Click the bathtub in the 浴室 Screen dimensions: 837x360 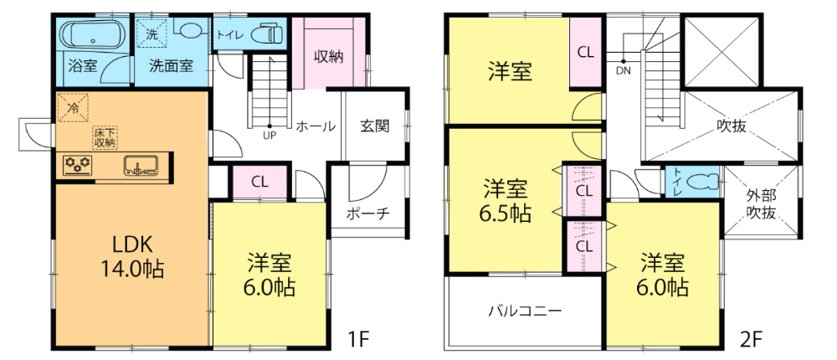pyautogui.click(x=94, y=34)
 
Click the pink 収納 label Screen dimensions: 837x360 pyautogui.click(x=328, y=56)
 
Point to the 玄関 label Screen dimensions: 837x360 pyautogui.click(x=374, y=126)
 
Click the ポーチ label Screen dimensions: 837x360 pyautogui.click(x=367, y=213)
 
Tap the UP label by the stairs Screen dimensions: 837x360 pyautogui.click(x=269, y=136)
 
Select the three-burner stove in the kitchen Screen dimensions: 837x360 pyautogui.click(x=77, y=164)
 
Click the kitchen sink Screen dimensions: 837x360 pyautogui.click(x=141, y=165)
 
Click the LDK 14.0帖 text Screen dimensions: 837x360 pyautogui.click(x=133, y=256)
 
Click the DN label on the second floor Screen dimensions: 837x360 pyautogui.click(x=623, y=69)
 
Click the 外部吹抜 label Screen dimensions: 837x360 pyautogui.click(x=761, y=204)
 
